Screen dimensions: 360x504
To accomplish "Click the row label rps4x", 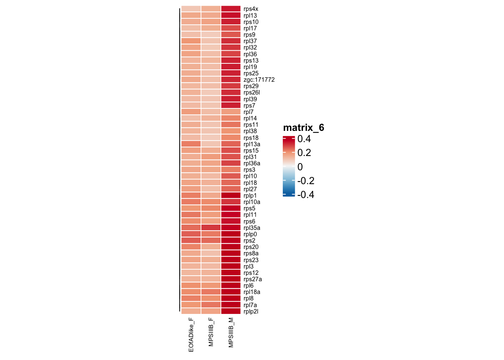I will [250, 9].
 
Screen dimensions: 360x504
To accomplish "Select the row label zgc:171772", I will [259, 80].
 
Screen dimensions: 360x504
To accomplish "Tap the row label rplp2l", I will [250, 312].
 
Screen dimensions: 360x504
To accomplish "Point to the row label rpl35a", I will [252, 228].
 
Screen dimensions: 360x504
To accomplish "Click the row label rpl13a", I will [252, 144].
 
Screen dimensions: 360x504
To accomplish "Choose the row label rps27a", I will [252, 279].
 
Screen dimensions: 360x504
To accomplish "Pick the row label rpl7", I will [248, 112].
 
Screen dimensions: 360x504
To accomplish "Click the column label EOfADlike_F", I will [191, 335].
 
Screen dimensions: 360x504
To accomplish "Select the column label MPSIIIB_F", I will [211, 332].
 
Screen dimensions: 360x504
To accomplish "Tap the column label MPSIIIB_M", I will [231, 333].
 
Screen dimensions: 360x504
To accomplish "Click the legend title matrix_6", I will [303, 128].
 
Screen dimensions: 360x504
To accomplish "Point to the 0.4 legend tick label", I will [304, 139].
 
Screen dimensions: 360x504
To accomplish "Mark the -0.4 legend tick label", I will [305, 195].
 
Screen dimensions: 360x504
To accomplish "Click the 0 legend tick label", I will [300, 167].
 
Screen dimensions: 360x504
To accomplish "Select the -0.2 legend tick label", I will [305, 181].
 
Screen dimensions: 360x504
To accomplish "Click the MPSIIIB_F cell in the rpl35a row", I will [211, 228].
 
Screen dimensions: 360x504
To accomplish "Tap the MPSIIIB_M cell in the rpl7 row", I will [231, 112].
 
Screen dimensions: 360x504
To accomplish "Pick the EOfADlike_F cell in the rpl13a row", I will [191, 144].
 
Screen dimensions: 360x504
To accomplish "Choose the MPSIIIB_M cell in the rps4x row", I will [231, 9].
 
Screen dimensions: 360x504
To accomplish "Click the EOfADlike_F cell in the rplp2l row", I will [191, 311].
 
